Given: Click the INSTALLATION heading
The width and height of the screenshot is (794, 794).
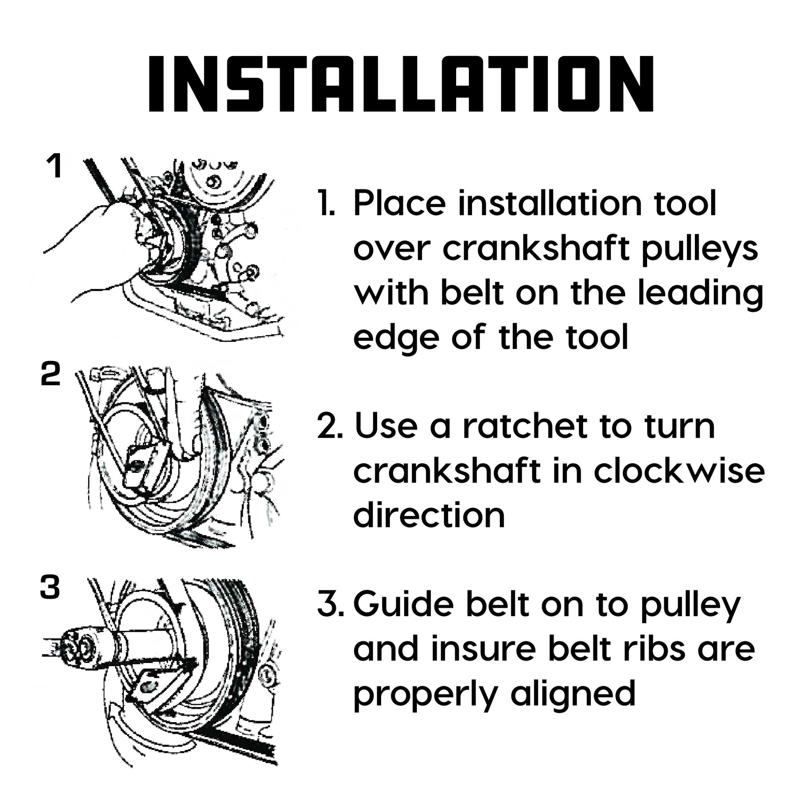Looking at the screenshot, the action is [401, 83].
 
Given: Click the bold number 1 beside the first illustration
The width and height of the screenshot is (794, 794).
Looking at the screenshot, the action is [54, 166].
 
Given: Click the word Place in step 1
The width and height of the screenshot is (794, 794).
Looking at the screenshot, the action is [400, 204].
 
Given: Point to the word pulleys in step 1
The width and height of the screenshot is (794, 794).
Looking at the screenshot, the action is [700, 250].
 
